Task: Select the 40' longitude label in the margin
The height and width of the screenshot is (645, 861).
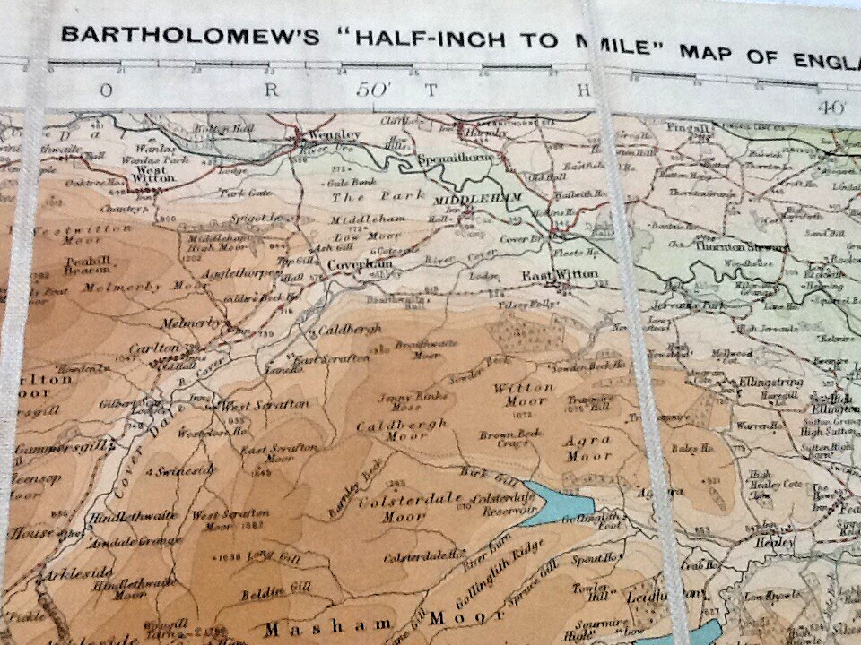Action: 831,106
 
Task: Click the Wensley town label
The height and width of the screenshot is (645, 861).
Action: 335,135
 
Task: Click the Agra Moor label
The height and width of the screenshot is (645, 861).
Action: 587,448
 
